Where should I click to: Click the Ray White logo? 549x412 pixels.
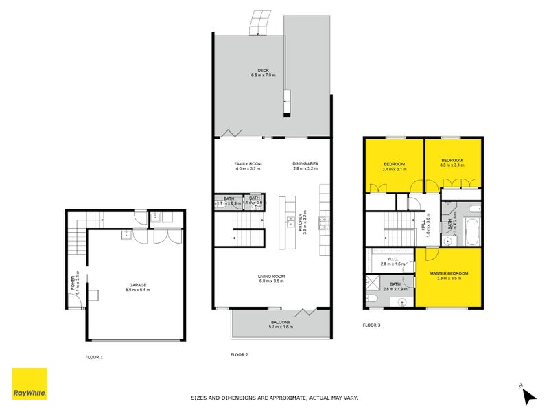click(x=30, y=384)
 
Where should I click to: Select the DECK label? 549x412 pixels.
click(x=264, y=70)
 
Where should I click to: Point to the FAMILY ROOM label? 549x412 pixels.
click(x=246, y=164)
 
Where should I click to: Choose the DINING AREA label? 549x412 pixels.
click(x=305, y=164)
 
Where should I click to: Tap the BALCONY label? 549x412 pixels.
click(x=279, y=322)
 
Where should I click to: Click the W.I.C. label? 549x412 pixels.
click(x=389, y=259)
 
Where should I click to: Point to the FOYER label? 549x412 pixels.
click(x=72, y=283)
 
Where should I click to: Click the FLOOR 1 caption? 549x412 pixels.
click(x=93, y=357)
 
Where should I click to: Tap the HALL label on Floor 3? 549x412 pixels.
click(x=427, y=223)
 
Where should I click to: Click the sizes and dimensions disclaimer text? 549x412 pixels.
click(x=274, y=398)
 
